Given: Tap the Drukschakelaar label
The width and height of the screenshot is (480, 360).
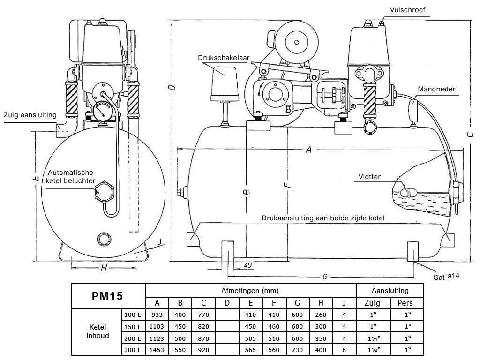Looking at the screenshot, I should click(223, 58).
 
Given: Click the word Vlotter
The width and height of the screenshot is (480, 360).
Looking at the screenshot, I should click(367, 177).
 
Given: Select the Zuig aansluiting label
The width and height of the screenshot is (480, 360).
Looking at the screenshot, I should click(30, 115).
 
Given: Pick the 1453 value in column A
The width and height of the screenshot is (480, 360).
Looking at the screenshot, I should click(157, 350).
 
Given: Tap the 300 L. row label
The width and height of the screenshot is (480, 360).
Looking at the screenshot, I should click(133, 350).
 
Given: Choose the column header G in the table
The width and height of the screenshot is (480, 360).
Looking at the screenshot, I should click(298, 303).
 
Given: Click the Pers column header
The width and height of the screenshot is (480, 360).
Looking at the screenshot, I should click(405, 303).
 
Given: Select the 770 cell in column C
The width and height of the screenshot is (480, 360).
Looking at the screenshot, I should click(203, 315).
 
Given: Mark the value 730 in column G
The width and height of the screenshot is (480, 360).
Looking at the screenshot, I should click(298, 350).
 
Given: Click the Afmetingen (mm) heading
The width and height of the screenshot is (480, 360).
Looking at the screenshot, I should click(250, 291).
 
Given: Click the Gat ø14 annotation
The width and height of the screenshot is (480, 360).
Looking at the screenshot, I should click(446, 277).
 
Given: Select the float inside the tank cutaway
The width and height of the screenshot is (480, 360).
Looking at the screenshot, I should click(408, 192).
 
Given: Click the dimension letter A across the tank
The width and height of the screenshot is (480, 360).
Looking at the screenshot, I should click(308, 150).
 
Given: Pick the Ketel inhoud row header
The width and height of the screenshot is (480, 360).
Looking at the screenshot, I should click(97, 331).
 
